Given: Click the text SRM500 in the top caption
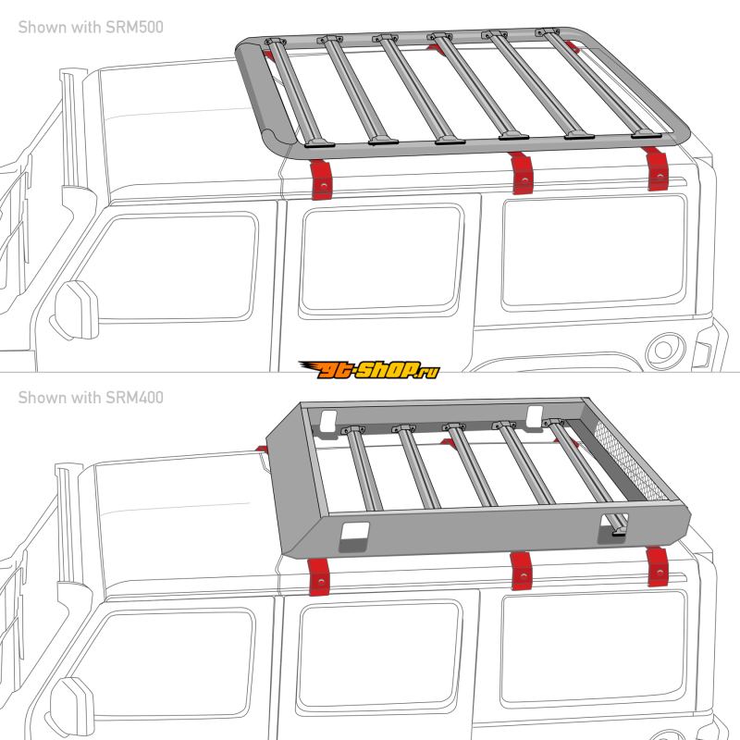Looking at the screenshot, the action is tap(134, 27).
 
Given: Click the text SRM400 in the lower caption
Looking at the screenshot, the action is tap(134, 398).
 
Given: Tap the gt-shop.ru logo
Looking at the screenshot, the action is tap(369, 369).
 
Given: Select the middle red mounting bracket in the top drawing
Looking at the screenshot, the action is tap(522, 173).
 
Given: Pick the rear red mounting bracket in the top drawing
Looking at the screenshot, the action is tap(656, 169).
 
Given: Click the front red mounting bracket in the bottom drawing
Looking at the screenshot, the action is tap(318, 576).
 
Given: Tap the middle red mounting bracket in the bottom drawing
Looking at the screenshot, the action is tap(522, 571).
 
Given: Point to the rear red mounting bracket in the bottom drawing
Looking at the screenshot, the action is tap(658, 567).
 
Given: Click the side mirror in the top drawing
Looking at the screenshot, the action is tap(76, 310).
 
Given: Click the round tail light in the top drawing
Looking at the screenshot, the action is tap(665, 350).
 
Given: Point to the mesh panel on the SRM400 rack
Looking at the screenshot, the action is tap(631, 461).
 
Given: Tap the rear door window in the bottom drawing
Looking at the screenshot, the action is tap(378, 656).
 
